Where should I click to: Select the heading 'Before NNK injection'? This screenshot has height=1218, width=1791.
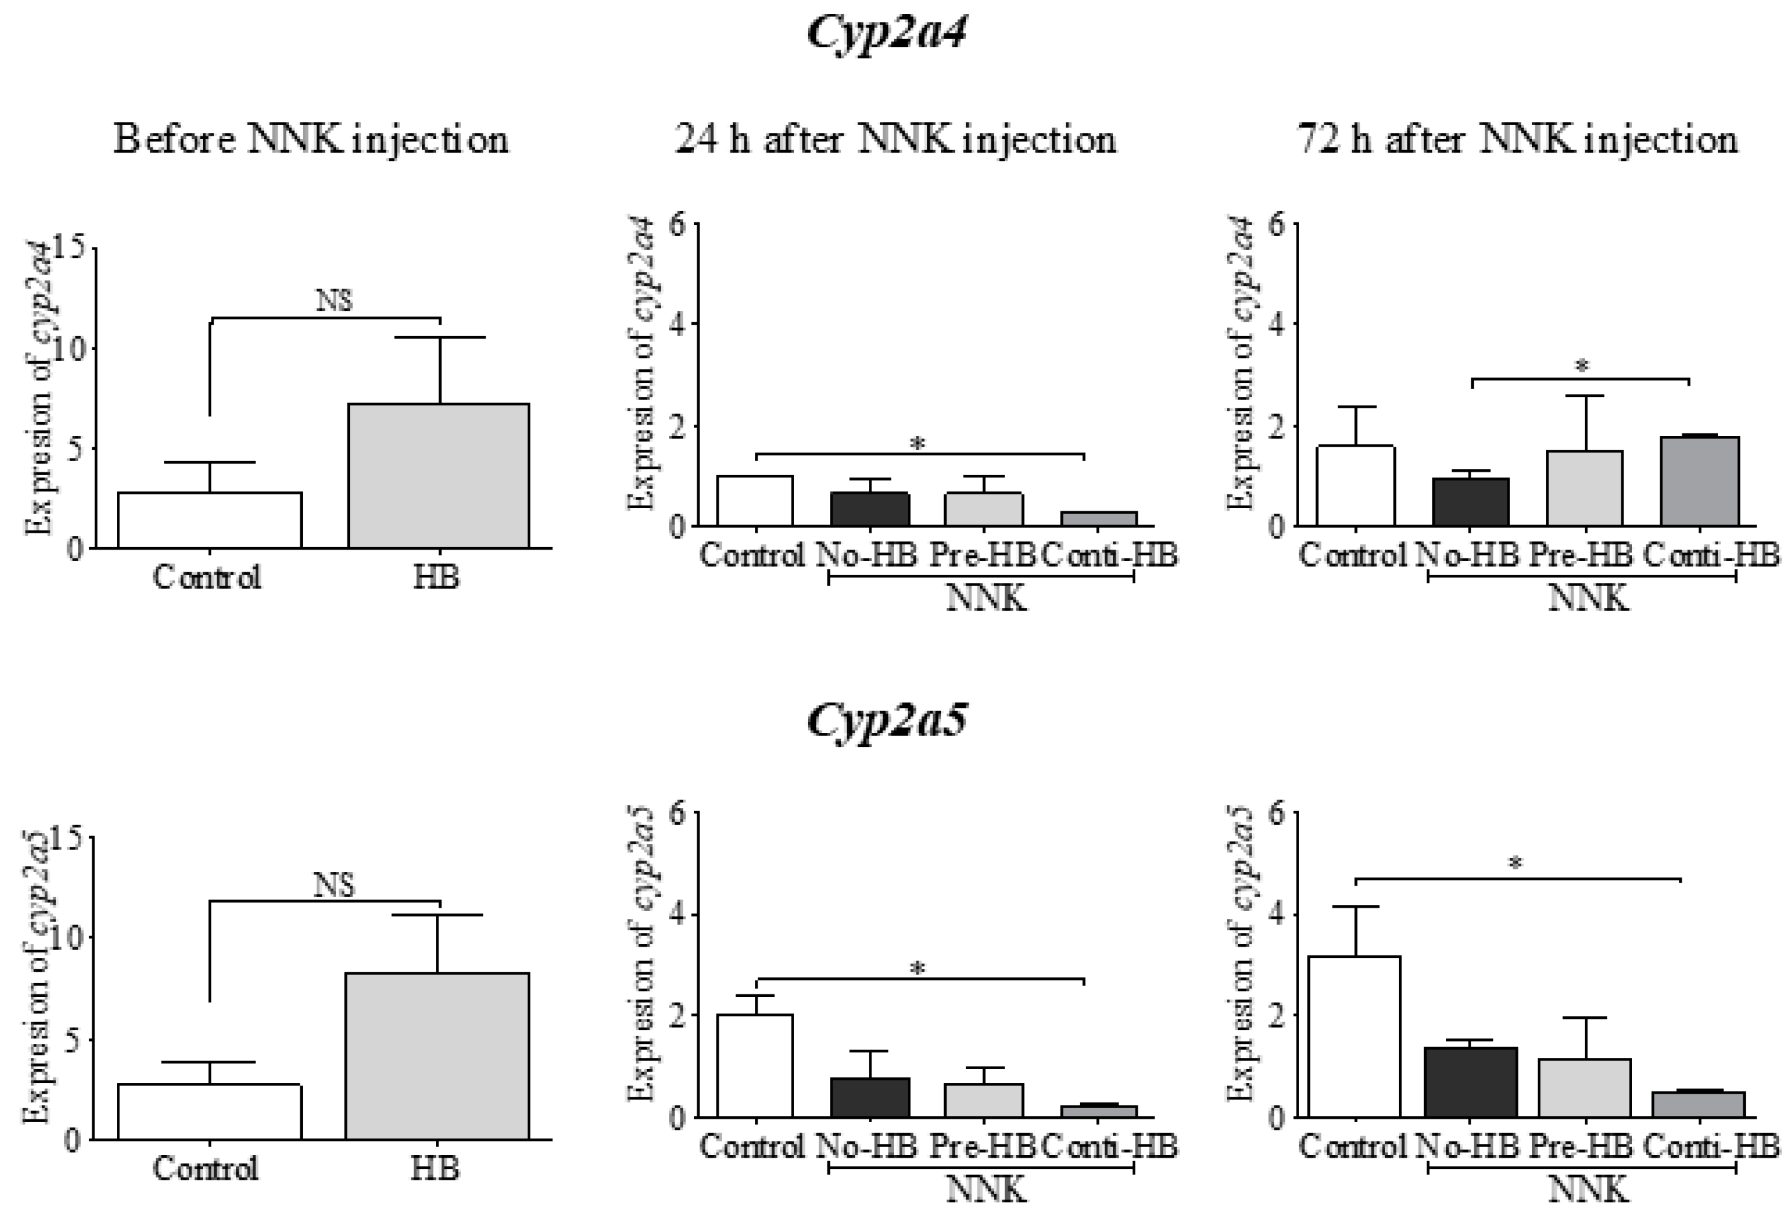pyautogui.click(x=310, y=140)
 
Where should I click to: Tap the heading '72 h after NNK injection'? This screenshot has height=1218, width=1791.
pyautogui.click(x=1517, y=140)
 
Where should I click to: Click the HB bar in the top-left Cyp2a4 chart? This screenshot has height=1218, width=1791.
pyautogui.click(x=438, y=476)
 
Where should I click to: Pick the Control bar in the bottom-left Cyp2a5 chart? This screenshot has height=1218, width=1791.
pyautogui.click(x=209, y=1111)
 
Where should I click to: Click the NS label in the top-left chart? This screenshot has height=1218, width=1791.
pyautogui.click(x=334, y=300)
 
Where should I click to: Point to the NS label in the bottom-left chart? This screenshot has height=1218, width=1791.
pyautogui.click(x=334, y=885)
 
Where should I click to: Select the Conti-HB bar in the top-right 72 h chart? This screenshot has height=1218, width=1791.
pyautogui.click(x=1699, y=482)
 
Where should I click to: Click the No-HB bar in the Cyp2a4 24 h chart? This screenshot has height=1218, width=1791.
pyautogui.click(x=870, y=509)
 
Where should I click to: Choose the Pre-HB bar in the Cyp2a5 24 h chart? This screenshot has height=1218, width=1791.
pyautogui.click(x=983, y=1100)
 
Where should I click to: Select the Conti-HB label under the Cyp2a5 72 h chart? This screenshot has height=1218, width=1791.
pyautogui.click(x=1711, y=1147)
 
